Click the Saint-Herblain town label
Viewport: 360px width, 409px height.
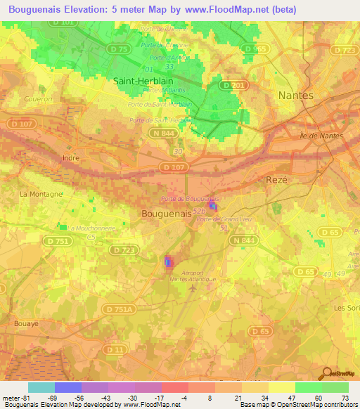pos(143,81)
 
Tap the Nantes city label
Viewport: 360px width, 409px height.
pos(297,95)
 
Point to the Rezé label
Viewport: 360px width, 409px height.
pos(277,181)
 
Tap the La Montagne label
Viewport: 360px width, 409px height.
pos(41,194)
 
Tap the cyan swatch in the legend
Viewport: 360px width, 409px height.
pos(41,387)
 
